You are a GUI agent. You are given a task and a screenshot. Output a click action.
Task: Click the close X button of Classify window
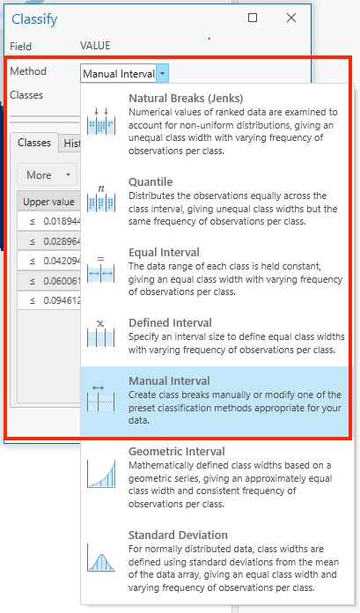(291, 17)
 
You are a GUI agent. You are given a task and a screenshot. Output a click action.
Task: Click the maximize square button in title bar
(253, 17)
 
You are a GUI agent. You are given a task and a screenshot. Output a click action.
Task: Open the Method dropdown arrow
(164, 73)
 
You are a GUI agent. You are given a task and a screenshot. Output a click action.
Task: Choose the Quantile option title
(151, 181)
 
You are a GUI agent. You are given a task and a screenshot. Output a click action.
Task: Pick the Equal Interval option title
(164, 252)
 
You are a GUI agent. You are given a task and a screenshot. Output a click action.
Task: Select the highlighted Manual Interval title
(169, 380)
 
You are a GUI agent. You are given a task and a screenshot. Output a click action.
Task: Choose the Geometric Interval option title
(177, 451)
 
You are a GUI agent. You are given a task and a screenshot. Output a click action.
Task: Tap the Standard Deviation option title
(178, 535)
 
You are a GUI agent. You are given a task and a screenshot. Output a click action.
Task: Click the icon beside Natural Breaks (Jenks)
(100, 122)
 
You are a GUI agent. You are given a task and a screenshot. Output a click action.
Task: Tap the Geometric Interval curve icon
(100, 474)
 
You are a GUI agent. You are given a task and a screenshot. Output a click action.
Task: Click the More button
(45, 174)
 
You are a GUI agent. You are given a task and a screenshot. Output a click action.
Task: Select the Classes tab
(34, 143)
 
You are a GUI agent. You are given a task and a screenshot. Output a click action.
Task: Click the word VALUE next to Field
(95, 45)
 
